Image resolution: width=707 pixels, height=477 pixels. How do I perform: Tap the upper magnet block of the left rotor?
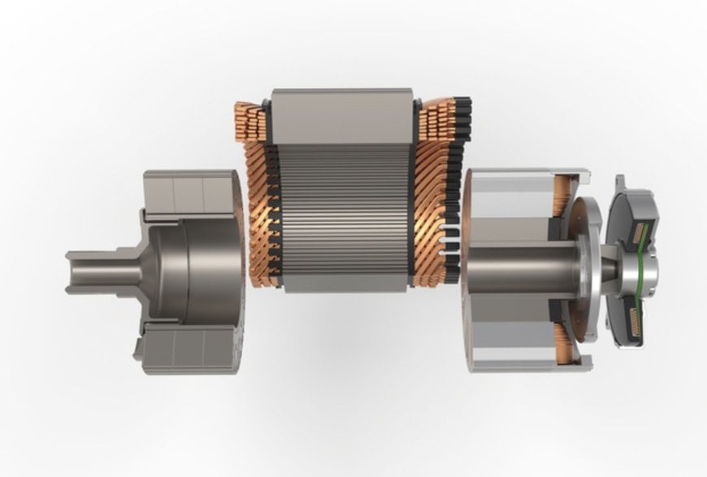(x=187, y=192)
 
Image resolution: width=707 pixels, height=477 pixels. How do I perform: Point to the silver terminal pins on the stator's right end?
(x=448, y=220)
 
